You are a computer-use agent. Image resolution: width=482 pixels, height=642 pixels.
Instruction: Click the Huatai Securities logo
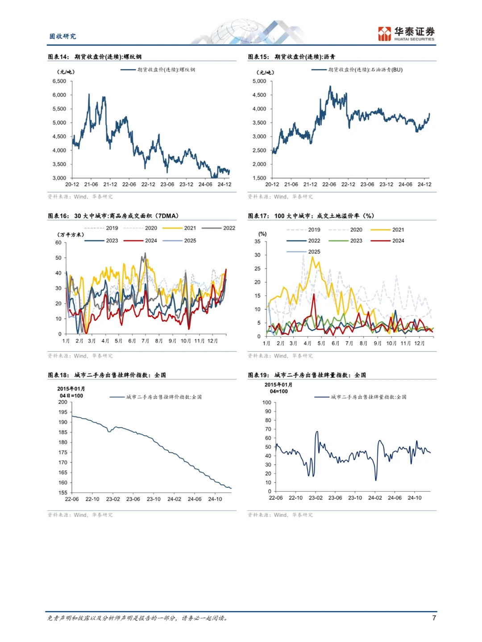pos(406,33)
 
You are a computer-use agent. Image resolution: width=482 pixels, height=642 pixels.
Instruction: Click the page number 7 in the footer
pos(434,618)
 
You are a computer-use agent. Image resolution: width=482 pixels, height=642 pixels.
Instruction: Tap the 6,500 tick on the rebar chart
pos(59,81)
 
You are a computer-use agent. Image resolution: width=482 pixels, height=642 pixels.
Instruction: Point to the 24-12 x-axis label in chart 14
pos(224,185)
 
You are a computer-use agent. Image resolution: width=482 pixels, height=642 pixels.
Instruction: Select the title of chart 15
pos(291,57)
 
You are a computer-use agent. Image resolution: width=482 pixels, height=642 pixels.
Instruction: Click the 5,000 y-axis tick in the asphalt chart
pos(259,81)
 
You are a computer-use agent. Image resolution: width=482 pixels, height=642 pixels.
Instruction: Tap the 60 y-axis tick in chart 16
pos(58,243)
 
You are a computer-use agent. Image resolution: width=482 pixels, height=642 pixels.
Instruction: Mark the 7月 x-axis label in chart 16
pos(145,341)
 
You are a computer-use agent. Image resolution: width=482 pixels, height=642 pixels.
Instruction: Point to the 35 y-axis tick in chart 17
pos(258,242)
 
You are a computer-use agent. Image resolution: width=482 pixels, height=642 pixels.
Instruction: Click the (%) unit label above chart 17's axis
pos(262,234)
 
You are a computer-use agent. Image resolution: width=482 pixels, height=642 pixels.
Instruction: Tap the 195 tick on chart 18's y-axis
pos(63,412)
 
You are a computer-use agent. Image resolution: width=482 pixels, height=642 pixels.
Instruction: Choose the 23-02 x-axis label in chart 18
pos(113,499)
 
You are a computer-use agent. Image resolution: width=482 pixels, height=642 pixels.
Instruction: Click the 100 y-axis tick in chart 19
pos(267,403)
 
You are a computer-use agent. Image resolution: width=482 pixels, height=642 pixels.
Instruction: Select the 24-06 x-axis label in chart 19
pos(395,498)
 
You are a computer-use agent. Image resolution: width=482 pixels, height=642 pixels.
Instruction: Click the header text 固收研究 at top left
pos(62,36)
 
